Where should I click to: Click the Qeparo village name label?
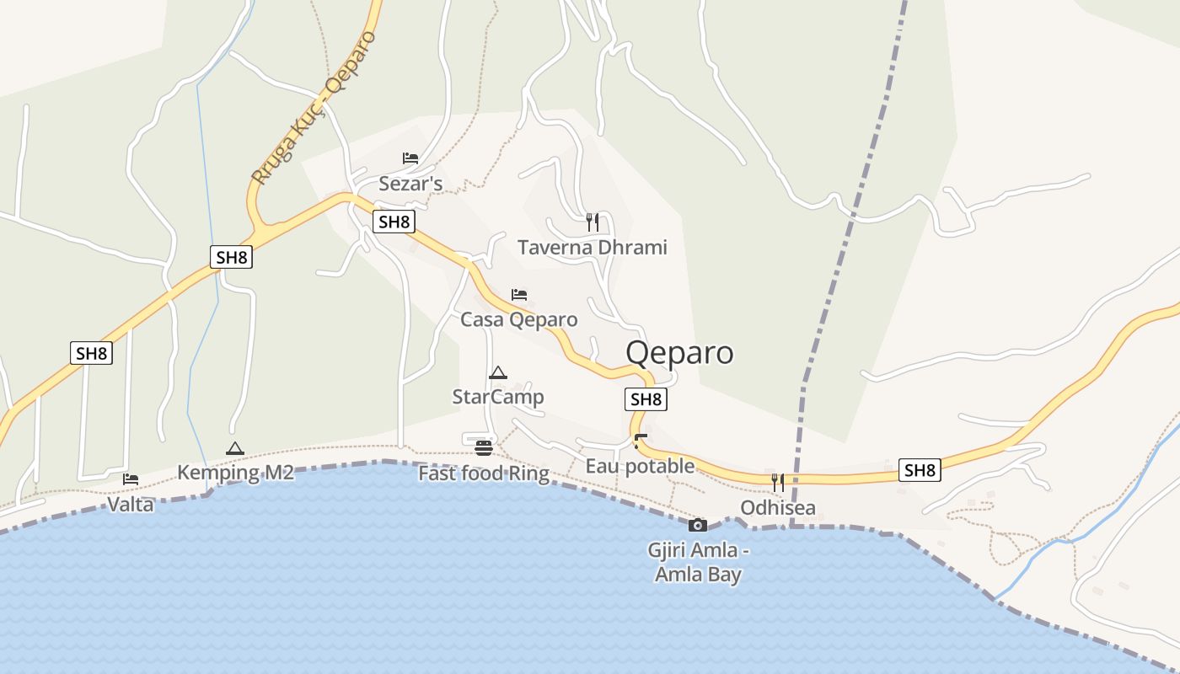(x=679, y=352)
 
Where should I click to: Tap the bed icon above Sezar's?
(x=410, y=158)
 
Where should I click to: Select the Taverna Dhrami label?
(x=592, y=248)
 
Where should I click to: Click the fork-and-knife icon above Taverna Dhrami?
(x=593, y=222)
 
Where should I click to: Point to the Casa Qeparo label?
(x=518, y=320)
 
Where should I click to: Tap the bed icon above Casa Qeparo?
(x=519, y=295)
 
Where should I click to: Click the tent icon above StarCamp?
(x=498, y=372)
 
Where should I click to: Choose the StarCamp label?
(x=498, y=397)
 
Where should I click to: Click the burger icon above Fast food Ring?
(x=484, y=447)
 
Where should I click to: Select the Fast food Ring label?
(x=484, y=473)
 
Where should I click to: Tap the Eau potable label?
(x=640, y=466)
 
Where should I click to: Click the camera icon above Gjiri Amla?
(x=698, y=525)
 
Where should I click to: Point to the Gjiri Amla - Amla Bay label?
(x=699, y=563)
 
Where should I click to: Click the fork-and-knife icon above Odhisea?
(x=778, y=483)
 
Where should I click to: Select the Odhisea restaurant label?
(x=778, y=508)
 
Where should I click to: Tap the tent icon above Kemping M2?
(x=235, y=448)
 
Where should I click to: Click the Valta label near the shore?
(x=131, y=505)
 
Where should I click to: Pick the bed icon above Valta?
(x=131, y=479)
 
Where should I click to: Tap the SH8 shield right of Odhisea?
(x=920, y=470)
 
